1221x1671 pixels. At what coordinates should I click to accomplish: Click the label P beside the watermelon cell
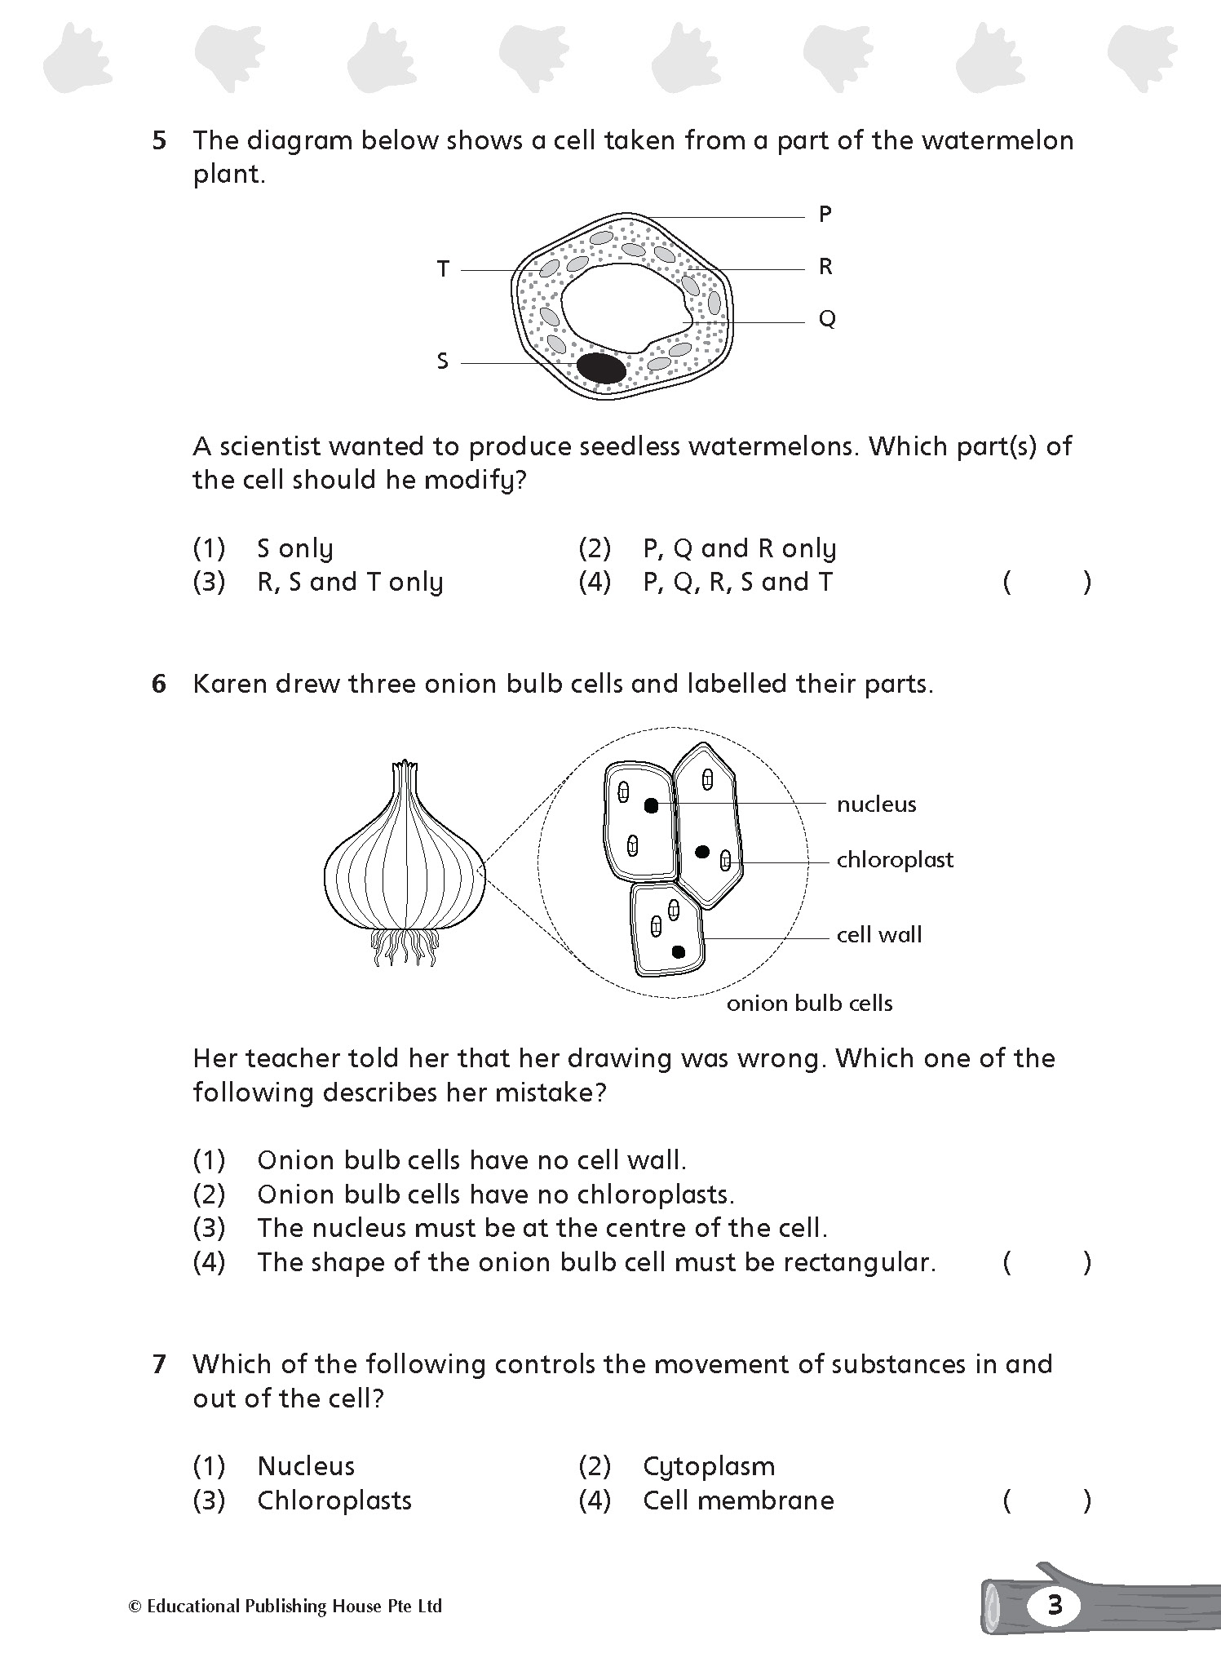825,215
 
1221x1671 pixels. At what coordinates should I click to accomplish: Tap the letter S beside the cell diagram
442,361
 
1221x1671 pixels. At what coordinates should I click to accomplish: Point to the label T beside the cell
443,268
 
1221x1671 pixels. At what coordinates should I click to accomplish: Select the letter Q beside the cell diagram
826,319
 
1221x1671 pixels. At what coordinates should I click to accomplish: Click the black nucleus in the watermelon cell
601,368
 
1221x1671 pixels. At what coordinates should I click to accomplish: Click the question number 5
159,140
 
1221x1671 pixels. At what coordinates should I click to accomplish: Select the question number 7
159,1363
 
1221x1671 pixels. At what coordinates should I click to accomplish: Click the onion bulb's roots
405,948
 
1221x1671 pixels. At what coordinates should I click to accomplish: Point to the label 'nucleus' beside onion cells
876,804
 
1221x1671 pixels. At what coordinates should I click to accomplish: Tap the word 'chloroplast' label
894,860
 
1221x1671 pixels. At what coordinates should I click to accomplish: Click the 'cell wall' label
878,935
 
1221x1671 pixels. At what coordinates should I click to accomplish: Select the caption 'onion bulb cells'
809,1004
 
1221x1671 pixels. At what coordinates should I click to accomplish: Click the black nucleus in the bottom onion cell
678,951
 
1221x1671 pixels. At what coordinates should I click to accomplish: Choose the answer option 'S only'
294,548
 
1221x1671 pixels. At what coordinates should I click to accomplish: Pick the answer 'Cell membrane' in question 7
737,1500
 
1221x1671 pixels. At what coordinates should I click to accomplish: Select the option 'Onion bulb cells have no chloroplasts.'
495,1195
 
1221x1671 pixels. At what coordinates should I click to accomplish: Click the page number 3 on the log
1054,1605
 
